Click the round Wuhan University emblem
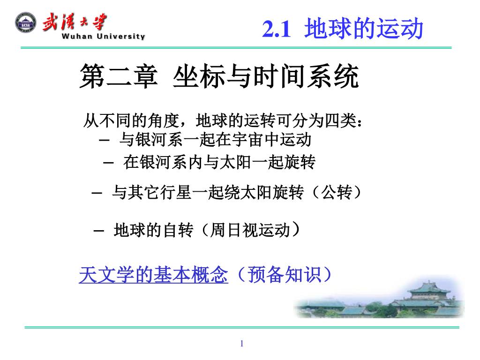26,23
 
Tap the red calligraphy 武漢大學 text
75,22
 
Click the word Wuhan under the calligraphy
77,36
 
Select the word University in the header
121,37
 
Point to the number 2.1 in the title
277,29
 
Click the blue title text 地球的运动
364,29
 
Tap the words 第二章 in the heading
119,76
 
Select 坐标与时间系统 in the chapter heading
266,76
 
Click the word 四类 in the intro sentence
341,120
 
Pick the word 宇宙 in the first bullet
247,140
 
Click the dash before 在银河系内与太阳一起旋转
108,163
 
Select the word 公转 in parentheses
336,193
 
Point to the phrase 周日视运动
250,230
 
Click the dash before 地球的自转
98,231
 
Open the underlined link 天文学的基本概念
153,274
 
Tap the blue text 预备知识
285,274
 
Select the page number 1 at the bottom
242,344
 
